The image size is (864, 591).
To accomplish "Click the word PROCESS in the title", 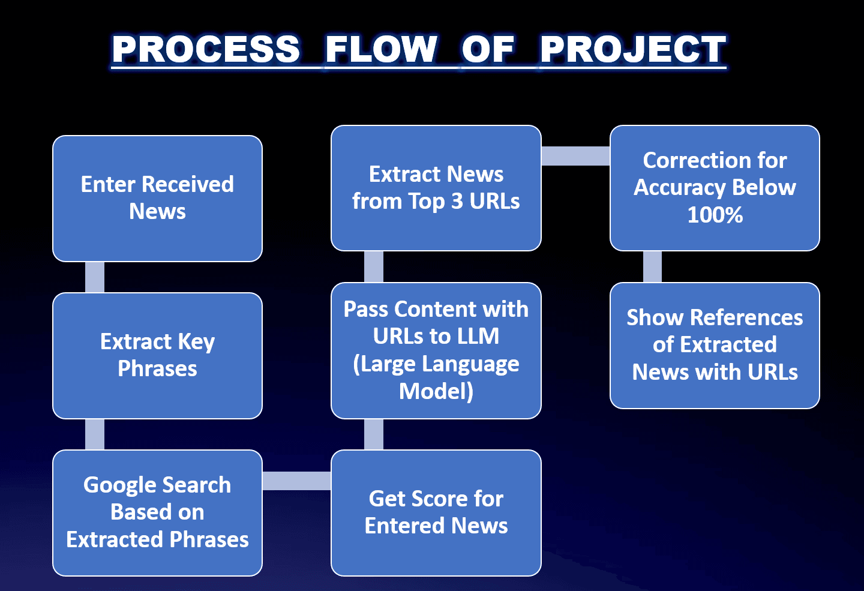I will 206,49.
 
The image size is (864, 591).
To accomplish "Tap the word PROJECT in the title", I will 632,49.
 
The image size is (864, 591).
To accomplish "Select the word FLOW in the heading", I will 381,49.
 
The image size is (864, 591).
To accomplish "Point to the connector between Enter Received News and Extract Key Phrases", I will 95,277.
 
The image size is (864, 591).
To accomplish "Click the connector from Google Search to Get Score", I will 296,481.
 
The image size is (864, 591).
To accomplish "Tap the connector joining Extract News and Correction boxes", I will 575,156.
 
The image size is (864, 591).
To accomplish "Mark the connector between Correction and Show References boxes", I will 652,266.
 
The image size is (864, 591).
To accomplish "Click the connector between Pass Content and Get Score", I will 374,434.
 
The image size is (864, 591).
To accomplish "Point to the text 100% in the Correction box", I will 715,215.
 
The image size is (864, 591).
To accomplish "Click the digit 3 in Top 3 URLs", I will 457,202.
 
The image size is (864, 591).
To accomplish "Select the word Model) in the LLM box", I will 436,391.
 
